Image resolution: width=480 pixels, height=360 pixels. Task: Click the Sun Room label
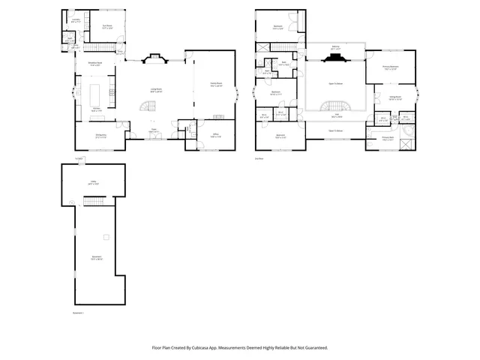107,26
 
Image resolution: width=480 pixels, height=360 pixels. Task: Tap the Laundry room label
76,20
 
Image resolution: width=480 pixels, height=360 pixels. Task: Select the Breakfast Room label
95,64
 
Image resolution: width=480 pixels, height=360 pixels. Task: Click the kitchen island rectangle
96,94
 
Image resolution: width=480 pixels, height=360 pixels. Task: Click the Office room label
215,136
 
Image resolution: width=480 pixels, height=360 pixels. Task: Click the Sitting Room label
394,97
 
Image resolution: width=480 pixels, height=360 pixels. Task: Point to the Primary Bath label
387,139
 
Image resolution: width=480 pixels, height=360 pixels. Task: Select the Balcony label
335,47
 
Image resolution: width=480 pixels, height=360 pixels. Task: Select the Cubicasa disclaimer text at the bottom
240,347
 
